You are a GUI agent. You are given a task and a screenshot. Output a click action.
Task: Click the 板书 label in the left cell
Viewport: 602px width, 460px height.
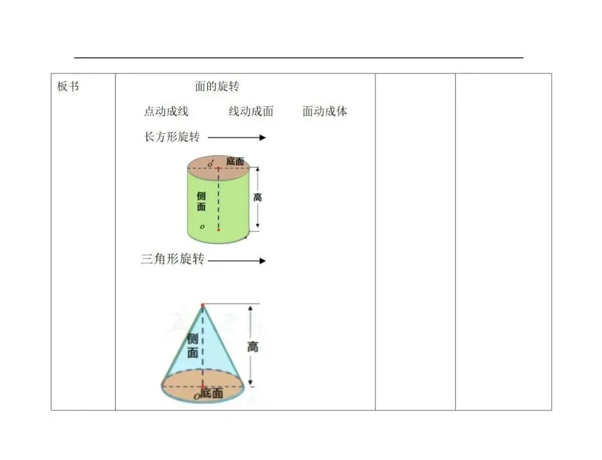click(68, 87)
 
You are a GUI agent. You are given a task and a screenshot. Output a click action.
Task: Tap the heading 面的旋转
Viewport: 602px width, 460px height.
click(217, 86)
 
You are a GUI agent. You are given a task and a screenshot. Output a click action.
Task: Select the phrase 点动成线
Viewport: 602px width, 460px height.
click(166, 112)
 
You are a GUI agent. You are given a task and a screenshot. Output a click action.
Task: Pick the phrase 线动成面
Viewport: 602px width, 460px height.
click(251, 112)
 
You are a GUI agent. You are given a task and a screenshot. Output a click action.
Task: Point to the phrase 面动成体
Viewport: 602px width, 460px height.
click(324, 112)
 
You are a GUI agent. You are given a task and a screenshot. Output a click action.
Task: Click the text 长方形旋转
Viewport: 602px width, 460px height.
click(172, 137)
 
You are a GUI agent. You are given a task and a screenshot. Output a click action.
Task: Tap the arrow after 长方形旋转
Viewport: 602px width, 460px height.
click(236, 138)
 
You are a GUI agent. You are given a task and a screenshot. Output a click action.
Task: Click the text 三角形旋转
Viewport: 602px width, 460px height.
click(172, 260)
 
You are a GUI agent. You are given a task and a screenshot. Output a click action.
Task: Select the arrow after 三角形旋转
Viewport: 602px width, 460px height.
click(236, 260)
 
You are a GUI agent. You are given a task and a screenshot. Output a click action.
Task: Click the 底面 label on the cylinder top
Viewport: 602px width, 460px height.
click(235, 162)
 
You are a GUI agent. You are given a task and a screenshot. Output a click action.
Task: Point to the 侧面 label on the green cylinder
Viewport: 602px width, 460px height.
click(201, 201)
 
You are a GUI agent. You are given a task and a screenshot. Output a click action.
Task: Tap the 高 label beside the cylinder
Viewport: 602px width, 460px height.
click(257, 197)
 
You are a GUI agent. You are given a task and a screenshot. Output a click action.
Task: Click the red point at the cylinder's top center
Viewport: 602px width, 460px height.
click(219, 168)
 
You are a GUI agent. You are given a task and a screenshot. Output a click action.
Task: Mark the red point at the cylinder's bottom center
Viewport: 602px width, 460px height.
click(219, 229)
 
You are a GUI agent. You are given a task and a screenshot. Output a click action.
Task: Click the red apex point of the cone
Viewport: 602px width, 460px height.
click(202, 305)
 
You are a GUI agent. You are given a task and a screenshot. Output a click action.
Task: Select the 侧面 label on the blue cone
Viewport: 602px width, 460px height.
click(193, 346)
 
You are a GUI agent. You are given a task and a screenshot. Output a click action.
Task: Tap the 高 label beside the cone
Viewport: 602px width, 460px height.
click(253, 347)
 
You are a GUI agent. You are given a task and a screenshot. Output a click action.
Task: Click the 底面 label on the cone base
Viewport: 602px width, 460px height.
click(212, 394)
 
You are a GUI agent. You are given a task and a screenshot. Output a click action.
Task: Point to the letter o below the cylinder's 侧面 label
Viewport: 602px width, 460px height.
click(202, 227)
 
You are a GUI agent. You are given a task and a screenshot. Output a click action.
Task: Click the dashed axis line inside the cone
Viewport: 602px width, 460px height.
click(202, 346)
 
